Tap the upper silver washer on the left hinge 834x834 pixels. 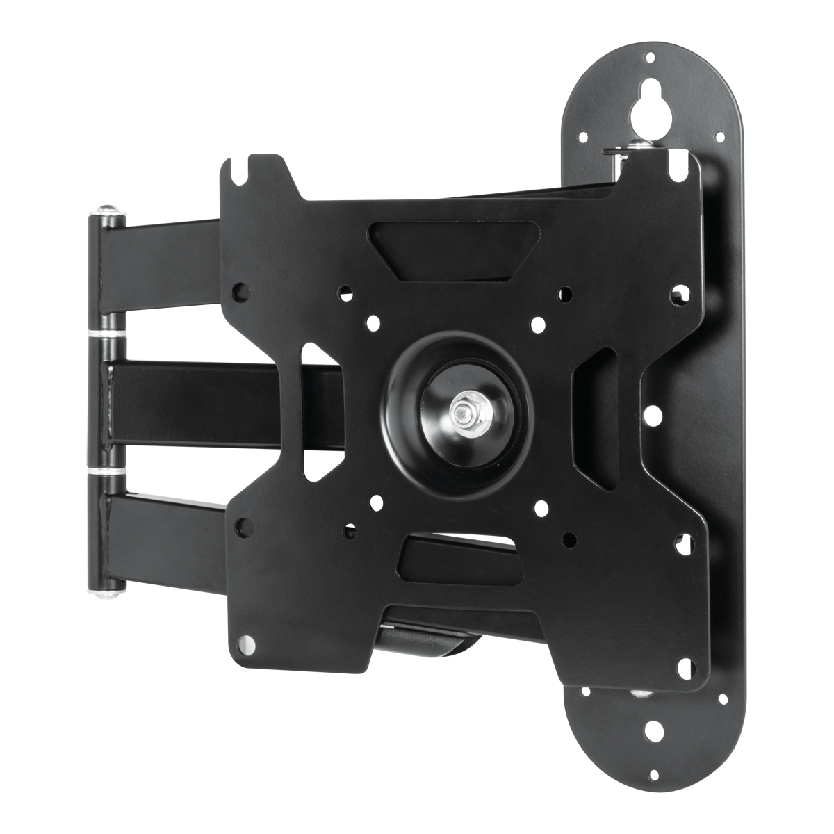(x=107, y=336)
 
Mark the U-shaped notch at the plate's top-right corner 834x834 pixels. (x=676, y=170)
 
